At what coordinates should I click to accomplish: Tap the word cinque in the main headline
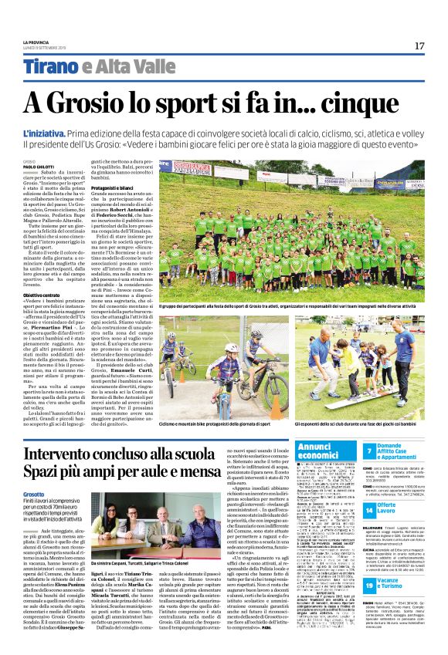coord(376,103)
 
